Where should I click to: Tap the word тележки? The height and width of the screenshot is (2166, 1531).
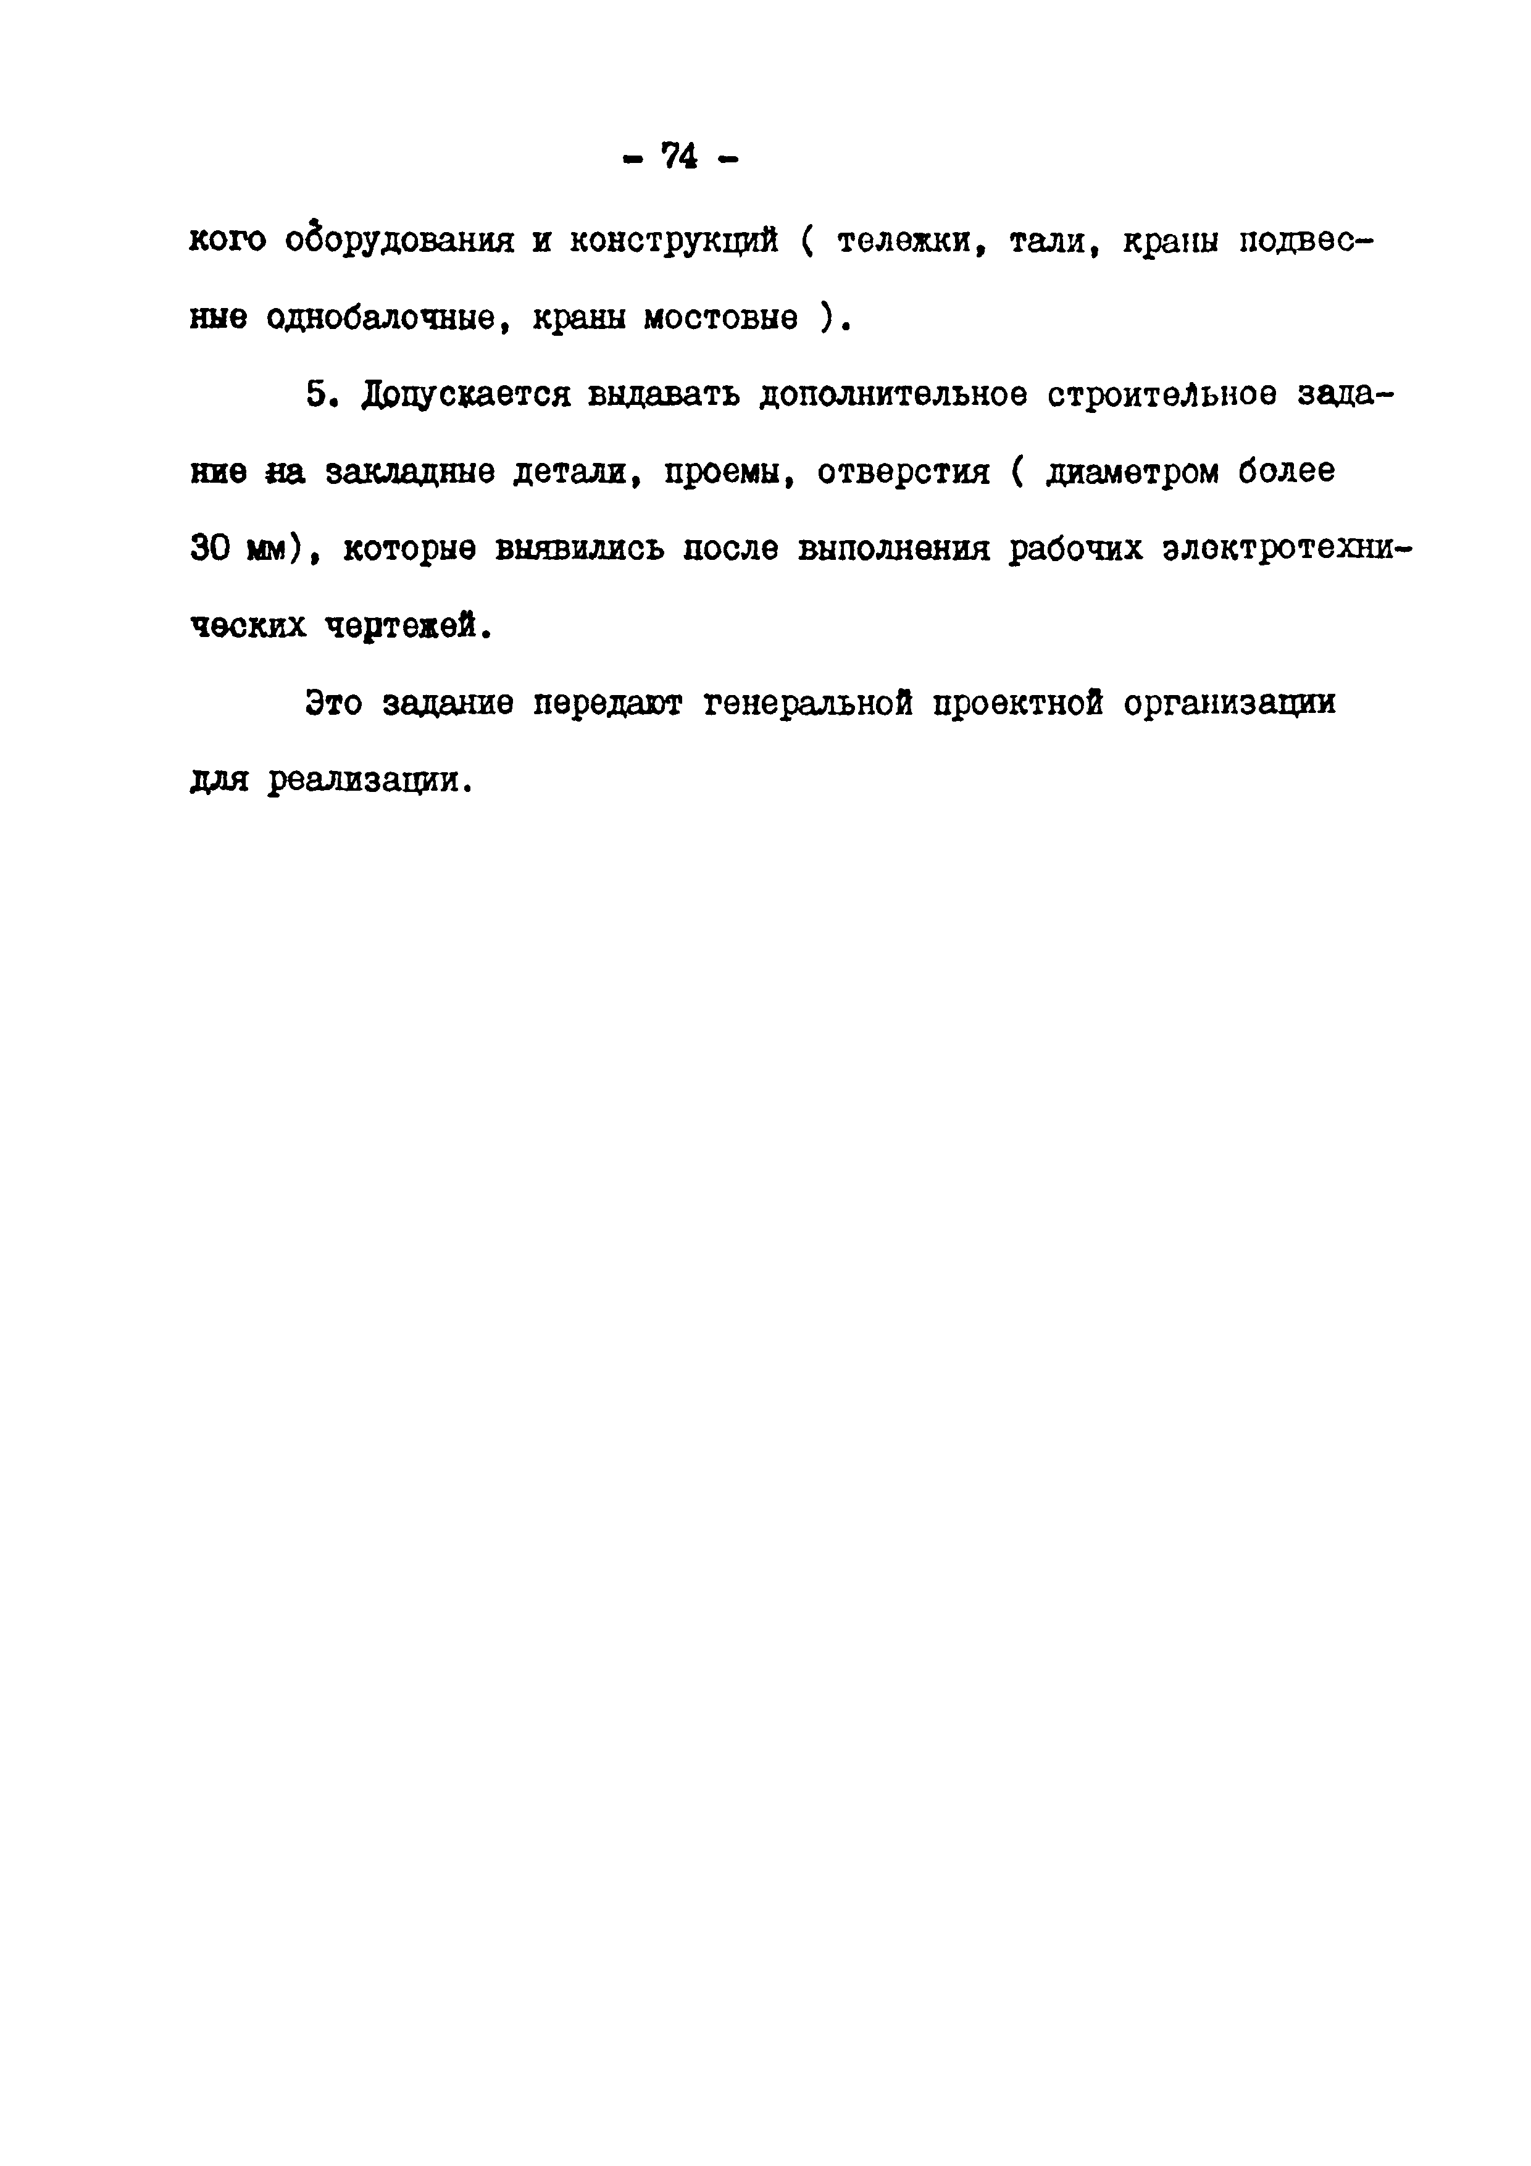click(911, 241)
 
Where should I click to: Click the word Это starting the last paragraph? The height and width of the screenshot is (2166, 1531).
click(333, 704)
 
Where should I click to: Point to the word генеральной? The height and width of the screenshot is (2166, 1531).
click(807, 704)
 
